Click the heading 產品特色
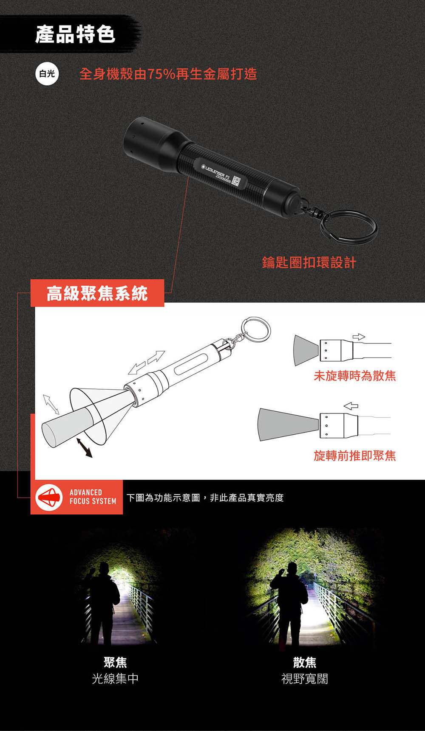coord(75,34)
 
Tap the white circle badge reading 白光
coord(47,74)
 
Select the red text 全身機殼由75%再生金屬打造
coord(168,74)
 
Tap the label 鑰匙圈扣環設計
coord(309,262)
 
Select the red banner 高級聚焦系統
coord(97,293)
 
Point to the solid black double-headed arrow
coord(84,448)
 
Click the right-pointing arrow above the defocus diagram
coord(359,337)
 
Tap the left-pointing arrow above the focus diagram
coord(351,406)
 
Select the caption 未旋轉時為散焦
coord(355,376)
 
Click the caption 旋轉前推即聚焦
coord(355,455)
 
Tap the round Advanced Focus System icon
coord(49,497)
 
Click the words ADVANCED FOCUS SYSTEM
coord(93,497)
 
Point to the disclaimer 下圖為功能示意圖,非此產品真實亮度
coord(205,498)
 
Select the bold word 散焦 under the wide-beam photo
coord(305,662)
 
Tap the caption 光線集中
coord(115,678)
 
